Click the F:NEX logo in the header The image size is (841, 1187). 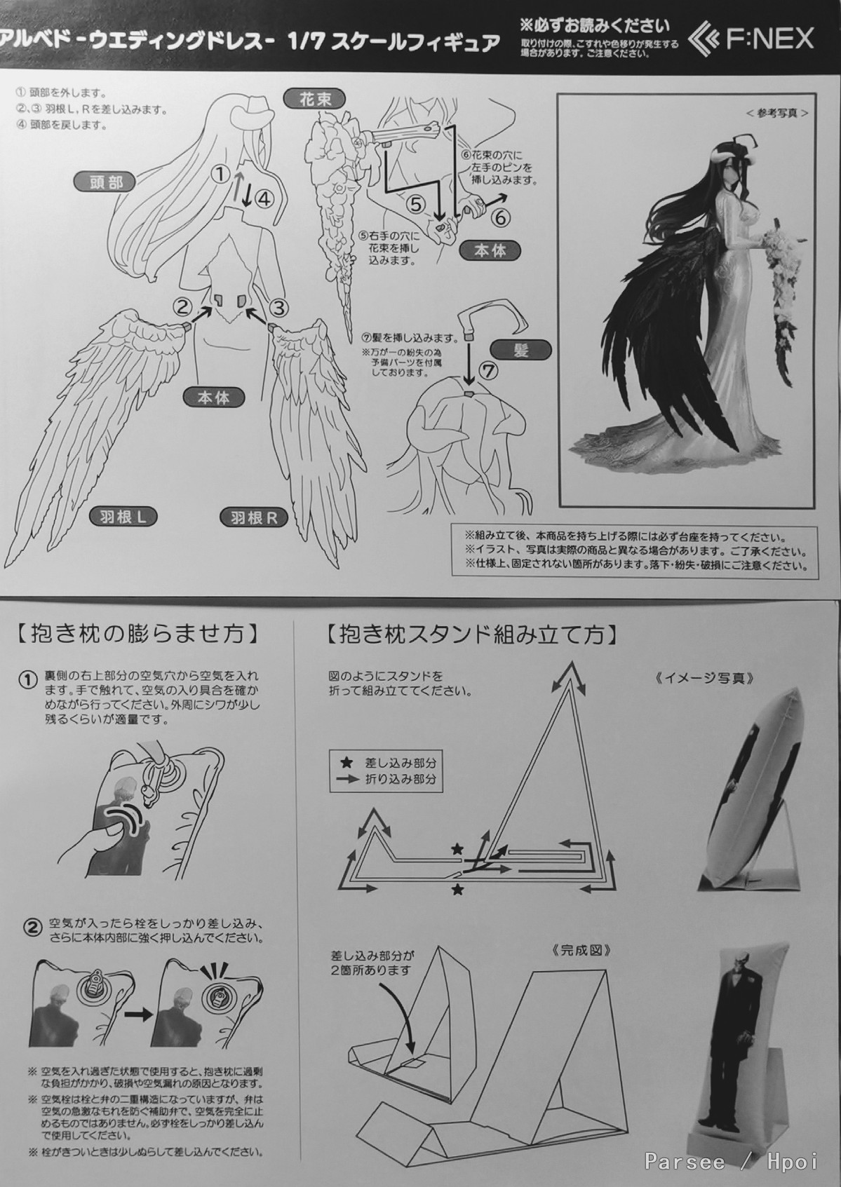click(751, 38)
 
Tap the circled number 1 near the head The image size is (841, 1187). click(221, 173)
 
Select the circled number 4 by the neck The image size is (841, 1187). click(264, 200)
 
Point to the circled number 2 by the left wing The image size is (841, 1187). click(183, 306)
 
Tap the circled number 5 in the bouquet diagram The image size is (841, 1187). click(416, 204)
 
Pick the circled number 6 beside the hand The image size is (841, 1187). click(501, 217)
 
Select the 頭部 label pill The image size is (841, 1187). click(105, 183)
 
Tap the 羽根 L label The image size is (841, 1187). click(123, 517)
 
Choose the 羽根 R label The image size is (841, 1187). click(254, 517)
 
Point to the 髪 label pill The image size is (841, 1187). click(520, 351)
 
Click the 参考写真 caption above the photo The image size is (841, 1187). click(776, 113)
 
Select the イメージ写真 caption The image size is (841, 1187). click(705, 679)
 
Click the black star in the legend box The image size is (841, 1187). click(347, 763)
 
